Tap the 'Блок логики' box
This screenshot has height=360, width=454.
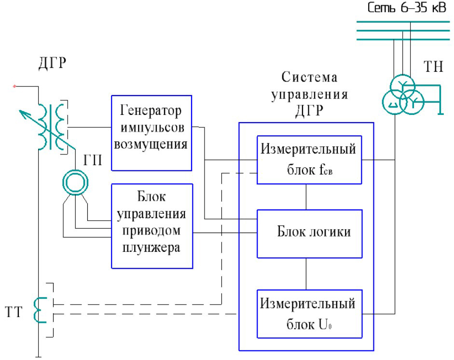pyautogui.click(x=308, y=233)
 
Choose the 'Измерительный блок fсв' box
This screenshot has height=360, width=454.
pyautogui.click(x=308, y=160)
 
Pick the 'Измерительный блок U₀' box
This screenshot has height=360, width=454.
pyautogui.click(x=308, y=314)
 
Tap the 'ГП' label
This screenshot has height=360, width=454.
pyautogui.click(x=93, y=161)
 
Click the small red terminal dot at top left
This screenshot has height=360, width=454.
pyautogui.click(x=15, y=86)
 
